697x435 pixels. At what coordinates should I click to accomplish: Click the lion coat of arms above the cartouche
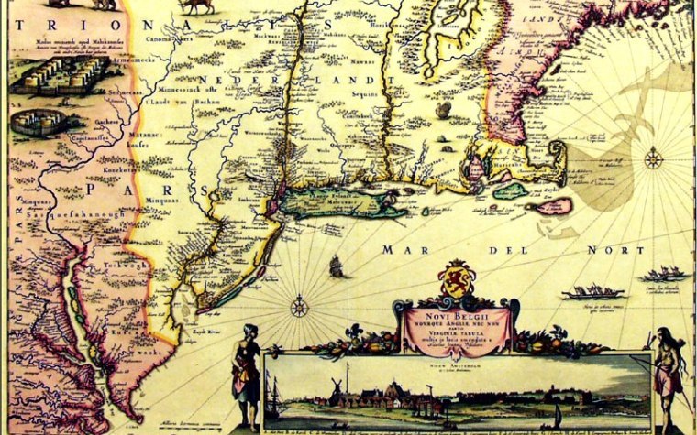(x=455, y=279)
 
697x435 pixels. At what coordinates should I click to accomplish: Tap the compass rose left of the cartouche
(x=299, y=306)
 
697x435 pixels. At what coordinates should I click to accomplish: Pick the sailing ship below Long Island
(x=337, y=266)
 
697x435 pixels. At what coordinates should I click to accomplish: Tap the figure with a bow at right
(x=668, y=371)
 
